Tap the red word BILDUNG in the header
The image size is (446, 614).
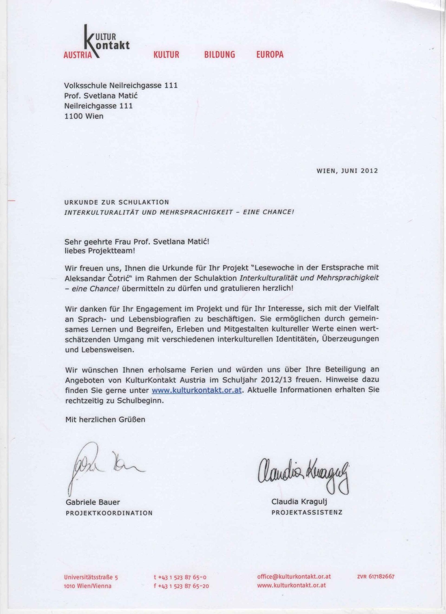[219, 55]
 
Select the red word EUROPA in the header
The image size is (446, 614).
[270, 54]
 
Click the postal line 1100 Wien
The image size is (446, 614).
[84, 116]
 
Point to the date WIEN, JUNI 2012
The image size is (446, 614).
[347, 171]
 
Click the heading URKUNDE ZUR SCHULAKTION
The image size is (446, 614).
[117, 202]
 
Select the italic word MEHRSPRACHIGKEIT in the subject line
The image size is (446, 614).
[196, 212]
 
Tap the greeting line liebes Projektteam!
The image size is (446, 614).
[100, 251]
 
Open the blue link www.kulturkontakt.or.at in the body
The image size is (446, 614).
[197, 390]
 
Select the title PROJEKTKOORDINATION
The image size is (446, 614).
[109, 513]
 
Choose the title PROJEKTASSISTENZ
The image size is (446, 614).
[307, 512]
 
